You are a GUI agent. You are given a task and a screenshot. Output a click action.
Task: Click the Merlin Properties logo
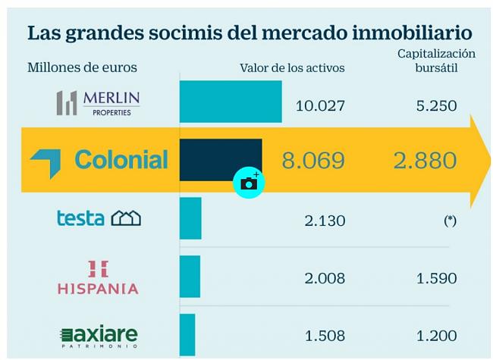pyautogui.click(x=98, y=102)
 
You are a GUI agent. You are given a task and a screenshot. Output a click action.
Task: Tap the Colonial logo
pyautogui.click(x=99, y=160)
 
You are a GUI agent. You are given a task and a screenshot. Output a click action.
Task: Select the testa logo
pyautogui.click(x=99, y=218)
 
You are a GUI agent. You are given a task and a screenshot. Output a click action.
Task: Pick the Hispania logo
pyautogui.click(x=98, y=277)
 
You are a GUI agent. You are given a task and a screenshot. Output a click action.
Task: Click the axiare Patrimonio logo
pyautogui.click(x=99, y=335)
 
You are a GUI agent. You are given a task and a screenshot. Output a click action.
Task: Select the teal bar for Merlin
pyautogui.click(x=231, y=102)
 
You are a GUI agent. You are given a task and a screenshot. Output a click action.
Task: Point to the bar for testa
pyautogui.click(x=190, y=218)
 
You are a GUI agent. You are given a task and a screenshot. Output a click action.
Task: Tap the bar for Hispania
pyautogui.click(x=190, y=277)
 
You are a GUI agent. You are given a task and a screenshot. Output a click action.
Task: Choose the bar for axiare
pyautogui.click(x=187, y=333)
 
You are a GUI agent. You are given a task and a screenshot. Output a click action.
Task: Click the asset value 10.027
pyautogui.click(x=320, y=105)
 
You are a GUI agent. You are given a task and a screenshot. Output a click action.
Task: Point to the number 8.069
pyautogui.click(x=313, y=161)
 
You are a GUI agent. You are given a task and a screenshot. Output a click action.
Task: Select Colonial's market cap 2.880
pyautogui.click(x=425, y=161)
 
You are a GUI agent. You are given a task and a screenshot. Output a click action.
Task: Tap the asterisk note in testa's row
pyautogui.click(x=451, y=221)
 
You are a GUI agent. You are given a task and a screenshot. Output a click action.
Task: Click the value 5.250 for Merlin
pyautogui.click(x=436, y=105)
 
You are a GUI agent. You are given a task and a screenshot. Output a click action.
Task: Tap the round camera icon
pyautogui.click(x=249, y=183)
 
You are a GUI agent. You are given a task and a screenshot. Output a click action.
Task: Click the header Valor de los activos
pyautogui.click(x=292, y=68)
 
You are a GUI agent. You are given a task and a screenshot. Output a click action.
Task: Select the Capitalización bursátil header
pyautogui.click(x=436, y=61)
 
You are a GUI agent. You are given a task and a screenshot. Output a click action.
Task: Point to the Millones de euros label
pyautogui.click(x=82, y=67)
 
